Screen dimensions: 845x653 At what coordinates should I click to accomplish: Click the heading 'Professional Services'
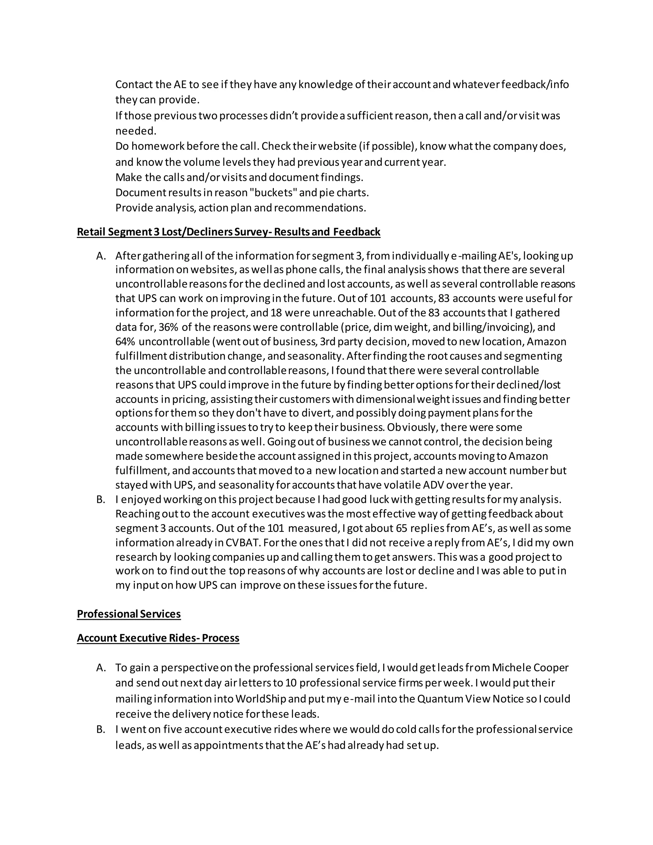coord(128,614)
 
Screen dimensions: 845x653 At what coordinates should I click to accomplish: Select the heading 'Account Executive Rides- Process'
coord(158,638)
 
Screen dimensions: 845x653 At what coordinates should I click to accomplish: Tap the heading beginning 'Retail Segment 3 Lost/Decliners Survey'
coord(228,232)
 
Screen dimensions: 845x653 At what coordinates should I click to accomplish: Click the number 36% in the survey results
coord(168,327)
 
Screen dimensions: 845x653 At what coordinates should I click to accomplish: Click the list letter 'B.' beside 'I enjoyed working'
coord(101,499)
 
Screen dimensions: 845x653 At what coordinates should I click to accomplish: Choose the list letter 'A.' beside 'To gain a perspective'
coord(101,667)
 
